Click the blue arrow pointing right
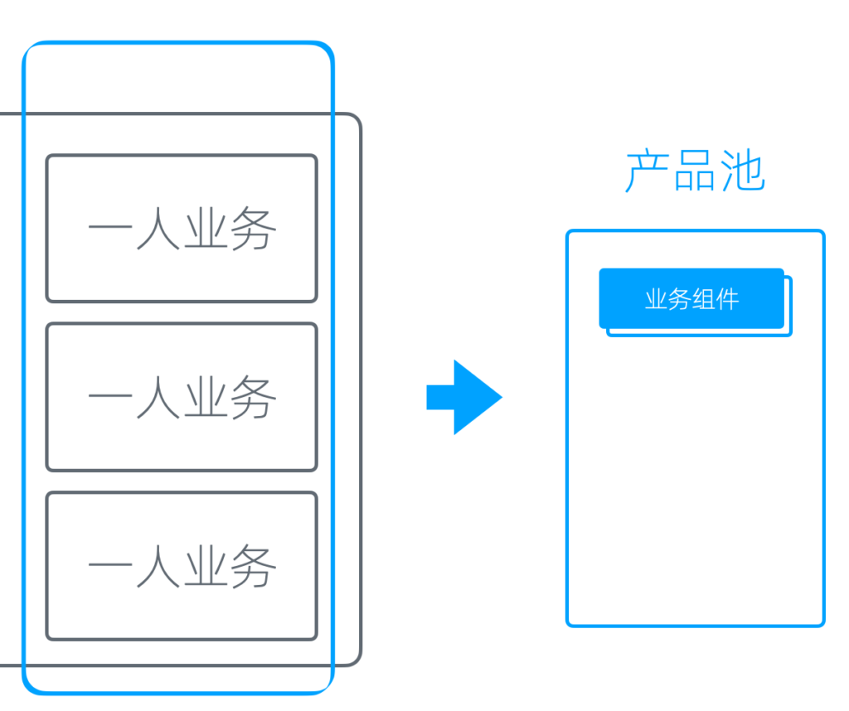click(464, 397)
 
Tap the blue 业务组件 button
click(691, 298)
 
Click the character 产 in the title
click(647, 172)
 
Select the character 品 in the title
click(695, 172)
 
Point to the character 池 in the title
click(743, 172)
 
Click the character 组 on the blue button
click(703, 299)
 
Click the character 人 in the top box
click(158, 229)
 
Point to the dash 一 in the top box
click(110, 230)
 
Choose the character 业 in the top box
click(206, 229)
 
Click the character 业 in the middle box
click(206, 398)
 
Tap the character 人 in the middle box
click(158, 398)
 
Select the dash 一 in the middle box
click(110, 399)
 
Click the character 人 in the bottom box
click(158, 567)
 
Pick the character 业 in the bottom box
click(206, 567)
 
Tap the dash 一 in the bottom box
click(110, 568)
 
